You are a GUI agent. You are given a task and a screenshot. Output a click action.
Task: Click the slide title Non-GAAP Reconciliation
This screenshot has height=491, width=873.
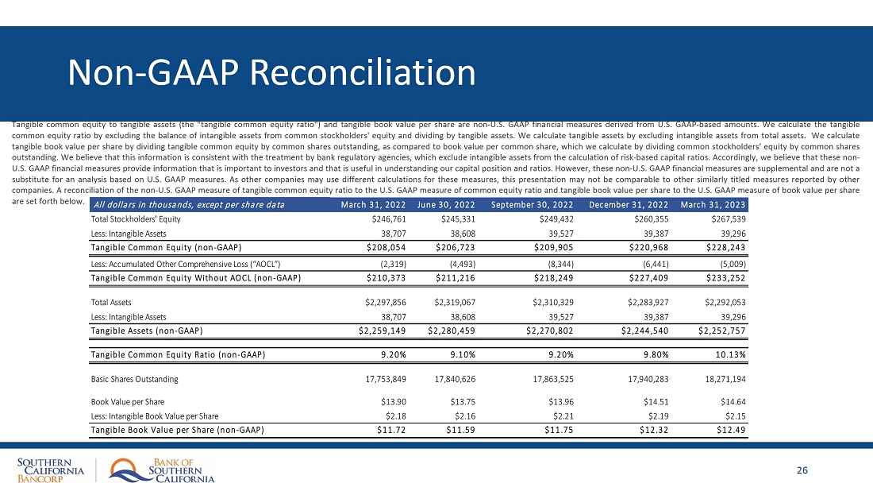pyautogui.click(x=272, y=73)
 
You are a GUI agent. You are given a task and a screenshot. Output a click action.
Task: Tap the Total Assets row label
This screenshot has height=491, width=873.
pyautogui.click(x=110, y=302)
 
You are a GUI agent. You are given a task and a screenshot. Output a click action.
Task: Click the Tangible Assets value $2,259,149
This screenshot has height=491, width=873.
pyautogui.click(x=384, y=331)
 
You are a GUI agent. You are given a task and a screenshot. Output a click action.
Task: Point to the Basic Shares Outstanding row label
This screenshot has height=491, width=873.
pyautogui.click(x=135, y=379)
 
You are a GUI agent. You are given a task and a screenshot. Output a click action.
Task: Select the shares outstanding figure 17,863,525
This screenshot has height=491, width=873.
pyautogui.click(x=546, y=379)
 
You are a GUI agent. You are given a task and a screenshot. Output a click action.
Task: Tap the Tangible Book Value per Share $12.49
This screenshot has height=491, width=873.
pyautogui.click(x=730, y=430)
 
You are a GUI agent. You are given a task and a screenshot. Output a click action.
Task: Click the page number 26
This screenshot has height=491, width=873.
pyautogui.click(x=802, y=470)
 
